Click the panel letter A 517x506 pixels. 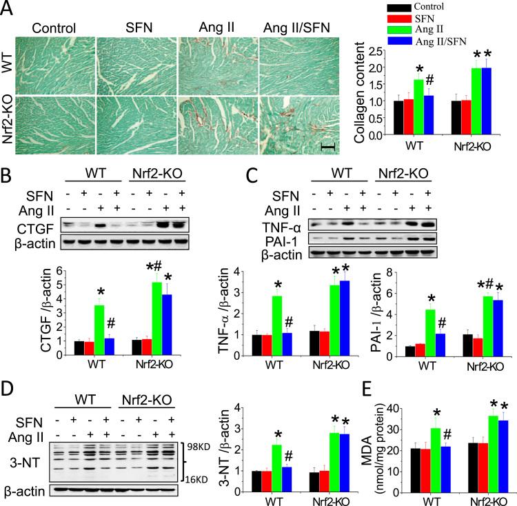(8, 9)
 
